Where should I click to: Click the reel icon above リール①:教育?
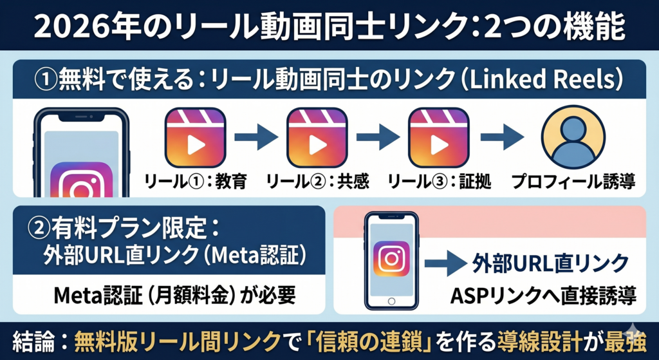coord(196,138)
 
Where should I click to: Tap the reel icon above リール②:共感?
coord(317,138)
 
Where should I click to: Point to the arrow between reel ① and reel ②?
coord(255,138)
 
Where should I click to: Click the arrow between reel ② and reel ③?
coord(378,138)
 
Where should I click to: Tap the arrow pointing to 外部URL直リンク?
coord(444,263)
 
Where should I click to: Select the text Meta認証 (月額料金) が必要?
coord(165,296)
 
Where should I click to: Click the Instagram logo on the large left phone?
coord(81,184)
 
